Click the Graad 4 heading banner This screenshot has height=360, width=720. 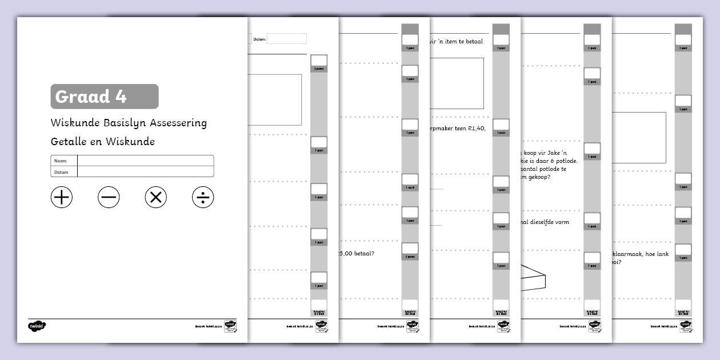pos(105,97)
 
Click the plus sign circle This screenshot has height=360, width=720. pos(62,198)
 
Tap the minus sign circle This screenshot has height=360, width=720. pos(109,198)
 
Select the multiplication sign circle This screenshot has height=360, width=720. pos(155,198)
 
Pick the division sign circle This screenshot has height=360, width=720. pos(203,198)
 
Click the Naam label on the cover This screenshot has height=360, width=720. pos(60,161)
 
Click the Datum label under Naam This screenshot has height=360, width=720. pos(61,172)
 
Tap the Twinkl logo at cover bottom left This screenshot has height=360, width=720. pos(37,326)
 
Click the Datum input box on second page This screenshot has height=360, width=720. pos(287,39)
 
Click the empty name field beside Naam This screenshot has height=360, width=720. pos(145,161)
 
